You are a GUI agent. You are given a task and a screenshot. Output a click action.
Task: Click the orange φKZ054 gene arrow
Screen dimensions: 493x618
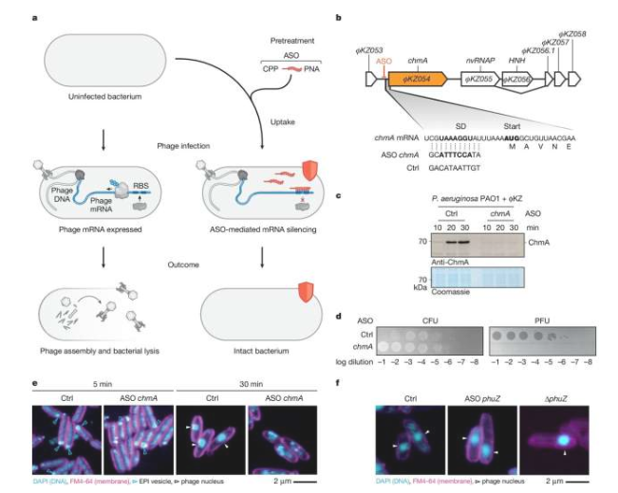pyautogui.click(x=417, y=80)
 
